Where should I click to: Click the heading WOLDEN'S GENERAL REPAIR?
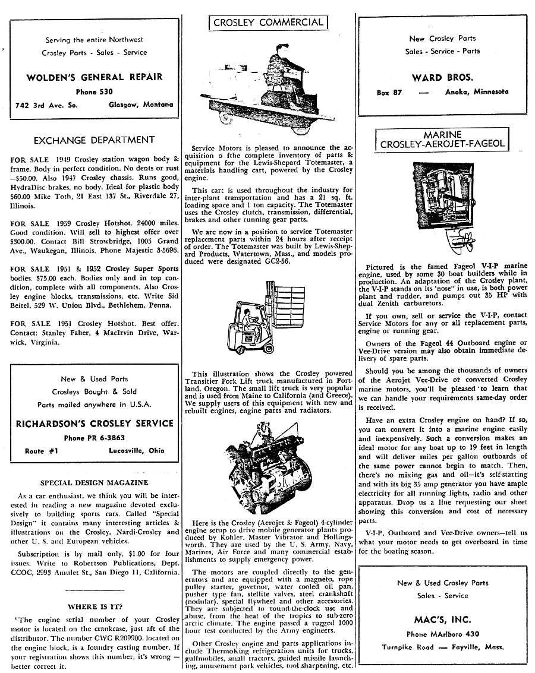(x=94, y=77)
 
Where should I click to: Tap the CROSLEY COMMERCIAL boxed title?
(x=267, y=23)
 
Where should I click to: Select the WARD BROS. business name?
(x=442, y=77)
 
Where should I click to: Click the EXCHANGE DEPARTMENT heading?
(x=94, y=140)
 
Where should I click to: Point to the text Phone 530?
(x=94, y=91)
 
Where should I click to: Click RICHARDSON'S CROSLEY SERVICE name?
(x=94, y=424)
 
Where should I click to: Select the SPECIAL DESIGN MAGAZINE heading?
(x=94, y=482)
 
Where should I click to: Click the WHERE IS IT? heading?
(x=95, y=606)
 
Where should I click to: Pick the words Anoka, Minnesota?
(x=476, y=92)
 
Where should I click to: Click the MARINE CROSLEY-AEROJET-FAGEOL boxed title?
(x=442, y=140)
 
